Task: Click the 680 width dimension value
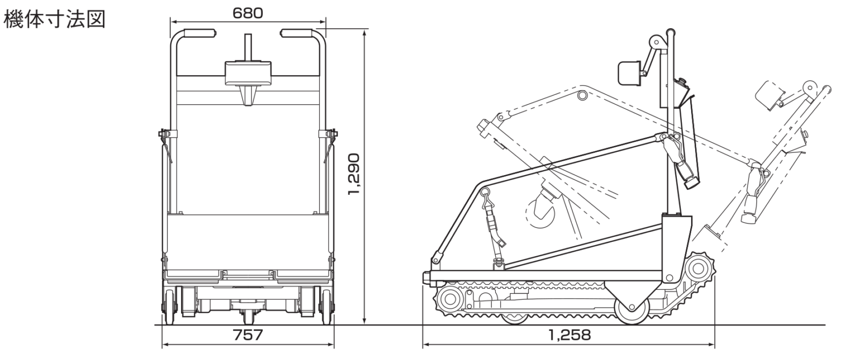[247, 13]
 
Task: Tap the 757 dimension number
[248, 335]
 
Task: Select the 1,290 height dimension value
[354, 174]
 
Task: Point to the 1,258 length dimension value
[569, 335]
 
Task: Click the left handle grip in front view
[200, 33]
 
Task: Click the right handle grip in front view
[296, 33]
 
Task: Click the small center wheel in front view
[248, 316]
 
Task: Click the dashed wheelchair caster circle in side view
[540, 214]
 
